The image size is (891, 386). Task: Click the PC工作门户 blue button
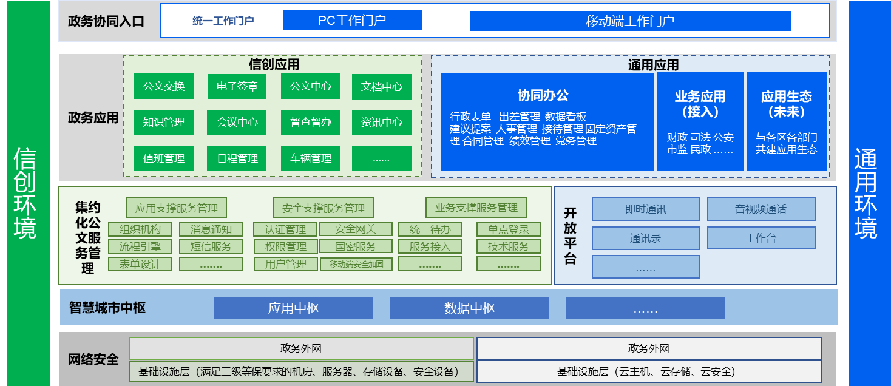[x=352, y=21]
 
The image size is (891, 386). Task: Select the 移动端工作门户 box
[x=630, y=21]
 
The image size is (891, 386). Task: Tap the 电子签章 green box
[x=237, y=86]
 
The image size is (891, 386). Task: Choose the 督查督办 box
[x=310, y=122]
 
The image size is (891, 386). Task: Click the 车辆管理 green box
[x=310, y=158]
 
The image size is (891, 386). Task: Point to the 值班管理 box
[x=163, y=158]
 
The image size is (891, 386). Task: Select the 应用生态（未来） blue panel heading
[x=786, y=104]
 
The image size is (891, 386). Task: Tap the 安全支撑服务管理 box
[x=323, y=208]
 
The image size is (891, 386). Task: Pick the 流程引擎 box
[x=140, y=246]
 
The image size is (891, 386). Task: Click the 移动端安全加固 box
[x=356, y=264]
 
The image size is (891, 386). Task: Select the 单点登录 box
[x=508, y=229]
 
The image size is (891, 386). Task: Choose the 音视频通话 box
[x=761, y=209]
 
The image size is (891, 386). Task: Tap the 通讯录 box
[x=645, y=239]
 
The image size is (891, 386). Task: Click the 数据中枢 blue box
[x=469, y=308]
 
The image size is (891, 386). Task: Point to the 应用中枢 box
[x=293, y=308]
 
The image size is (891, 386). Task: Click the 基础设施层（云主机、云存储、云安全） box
[x=649, y=371]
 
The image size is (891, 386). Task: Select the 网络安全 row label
[x=93, y=359]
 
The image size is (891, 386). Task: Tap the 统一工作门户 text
[x=223, y=21]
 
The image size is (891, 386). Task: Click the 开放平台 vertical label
[x=570, y=235]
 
